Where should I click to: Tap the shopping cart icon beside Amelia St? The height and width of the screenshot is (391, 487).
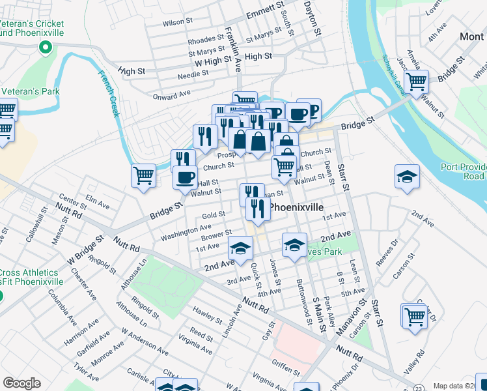point(415,82)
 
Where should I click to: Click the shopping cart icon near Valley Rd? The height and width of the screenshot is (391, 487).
point(414,316)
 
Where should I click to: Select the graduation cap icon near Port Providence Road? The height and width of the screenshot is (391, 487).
point(407,176)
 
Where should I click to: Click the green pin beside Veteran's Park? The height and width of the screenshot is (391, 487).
point(46,47)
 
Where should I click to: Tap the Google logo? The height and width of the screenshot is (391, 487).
point(21,383)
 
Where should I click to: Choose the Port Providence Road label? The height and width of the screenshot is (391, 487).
point(464,171)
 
